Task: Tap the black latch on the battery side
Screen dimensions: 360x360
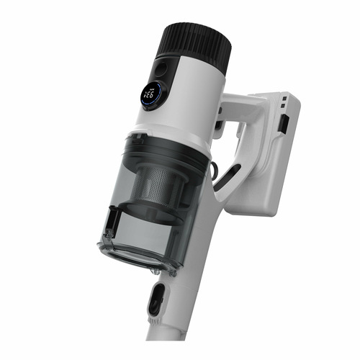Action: [285, 125]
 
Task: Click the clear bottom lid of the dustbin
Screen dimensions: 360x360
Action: [137, 256]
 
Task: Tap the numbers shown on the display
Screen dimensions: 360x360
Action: [150, 94]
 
